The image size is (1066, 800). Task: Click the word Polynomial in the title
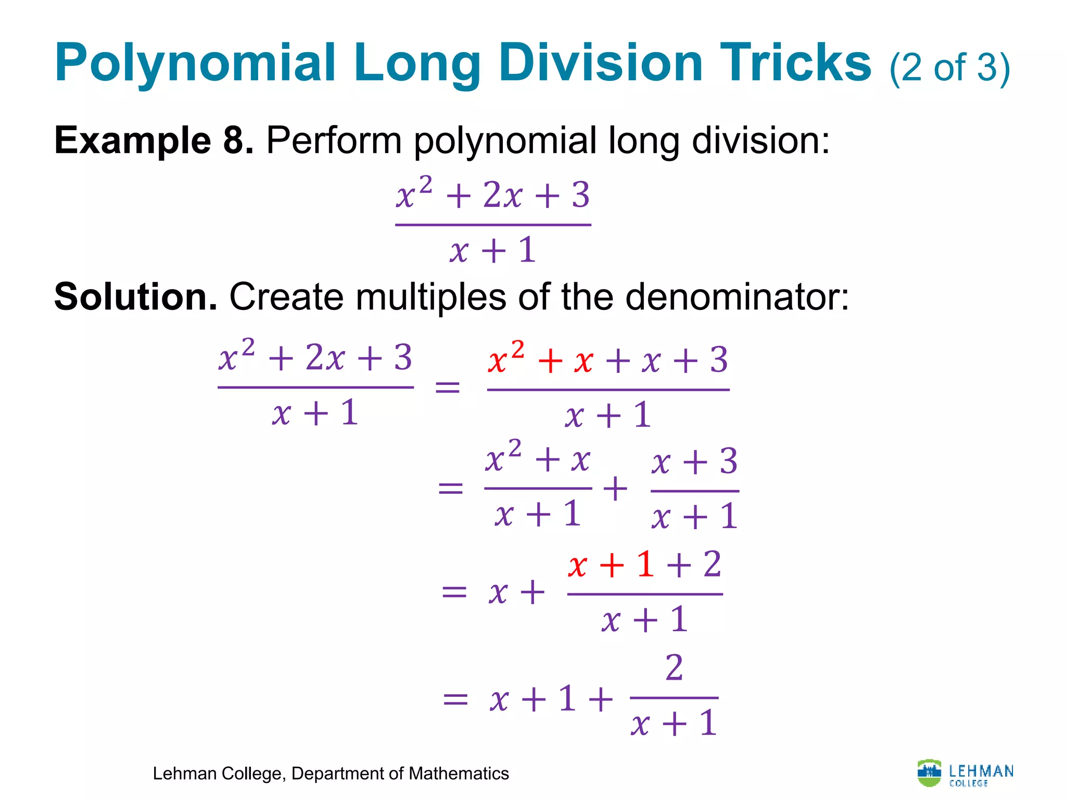(195, 64)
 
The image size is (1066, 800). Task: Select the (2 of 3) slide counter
(949, 68)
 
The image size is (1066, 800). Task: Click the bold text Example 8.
(154, 141)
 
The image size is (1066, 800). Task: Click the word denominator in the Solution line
(737, 297)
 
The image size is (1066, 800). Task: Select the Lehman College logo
(966, 773)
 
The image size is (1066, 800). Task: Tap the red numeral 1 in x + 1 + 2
(645, 565)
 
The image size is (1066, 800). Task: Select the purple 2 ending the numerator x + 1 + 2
(712, 565)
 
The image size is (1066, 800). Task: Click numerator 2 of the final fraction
(674, 668)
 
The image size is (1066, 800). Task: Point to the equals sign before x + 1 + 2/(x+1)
(455, 699)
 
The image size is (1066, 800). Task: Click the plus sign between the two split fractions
(615, 489)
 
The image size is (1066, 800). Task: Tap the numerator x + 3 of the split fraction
(694, 462)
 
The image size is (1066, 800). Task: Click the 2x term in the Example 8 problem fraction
(502, 196)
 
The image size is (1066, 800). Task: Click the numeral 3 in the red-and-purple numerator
(719, 360)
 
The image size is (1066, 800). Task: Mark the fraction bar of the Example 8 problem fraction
(493, 225)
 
